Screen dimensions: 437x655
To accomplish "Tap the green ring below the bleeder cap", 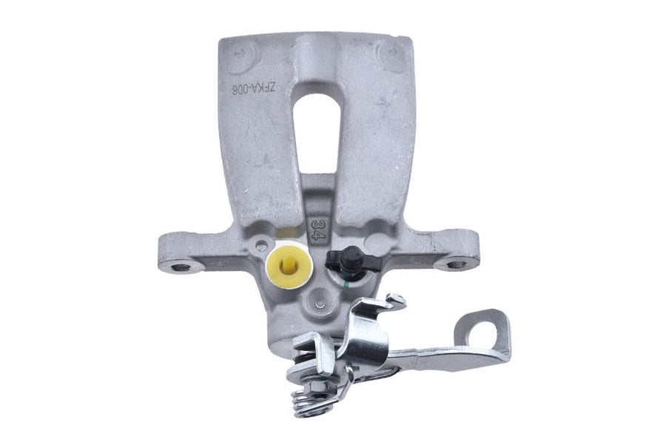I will (345, 279).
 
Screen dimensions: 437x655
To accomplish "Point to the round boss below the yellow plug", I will (318, 300).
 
